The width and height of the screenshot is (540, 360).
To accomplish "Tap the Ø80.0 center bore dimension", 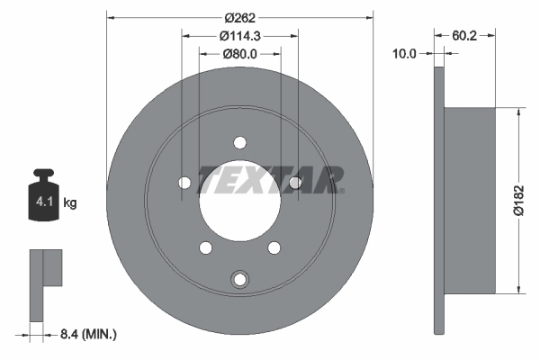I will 239,54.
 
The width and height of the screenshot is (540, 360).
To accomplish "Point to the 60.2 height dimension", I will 464,36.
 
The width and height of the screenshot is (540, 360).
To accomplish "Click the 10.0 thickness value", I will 405,54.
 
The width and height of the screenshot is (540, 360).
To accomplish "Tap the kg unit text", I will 70,204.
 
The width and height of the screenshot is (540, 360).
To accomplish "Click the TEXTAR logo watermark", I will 270,179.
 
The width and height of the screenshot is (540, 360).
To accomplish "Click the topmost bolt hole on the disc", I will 239,141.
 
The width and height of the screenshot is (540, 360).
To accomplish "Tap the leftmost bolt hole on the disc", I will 184,183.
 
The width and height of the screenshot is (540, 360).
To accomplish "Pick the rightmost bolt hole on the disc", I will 294,183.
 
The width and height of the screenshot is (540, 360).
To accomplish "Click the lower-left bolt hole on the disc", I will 205,247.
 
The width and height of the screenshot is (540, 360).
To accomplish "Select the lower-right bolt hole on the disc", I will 274,247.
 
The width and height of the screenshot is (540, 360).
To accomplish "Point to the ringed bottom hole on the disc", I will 239,279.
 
